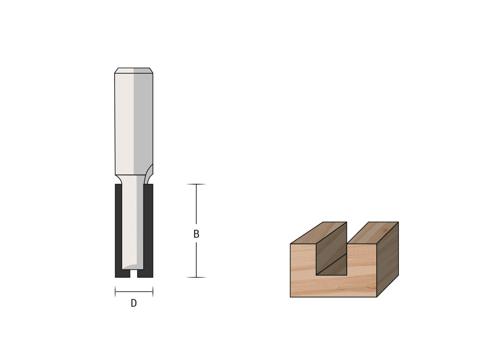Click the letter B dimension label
pyautogui.click(x=196, y=234)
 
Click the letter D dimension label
pyautogui.click(x=133, y=303)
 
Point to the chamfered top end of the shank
pyautogui.click(x=133, y=70)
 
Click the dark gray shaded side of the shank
pyautogui.click(x=143, y=122)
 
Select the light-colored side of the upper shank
pyautogui.click(x=124, y=124)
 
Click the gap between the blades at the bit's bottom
pyautogui.click(x=133, y=273)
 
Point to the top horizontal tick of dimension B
pyautogui.click(x=196, y=184)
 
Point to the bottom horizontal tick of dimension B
pyautogui.click(x=196, y=277)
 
